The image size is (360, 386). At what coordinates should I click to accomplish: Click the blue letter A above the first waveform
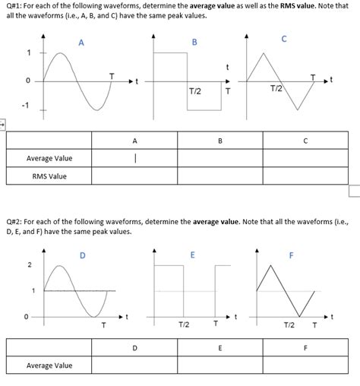click(81, 43)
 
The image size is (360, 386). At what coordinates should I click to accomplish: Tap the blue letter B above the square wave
click(194, 43)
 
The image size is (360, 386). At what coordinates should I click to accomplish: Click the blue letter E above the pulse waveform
click(192, 255)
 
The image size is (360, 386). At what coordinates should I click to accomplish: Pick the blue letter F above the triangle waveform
click(291, 255)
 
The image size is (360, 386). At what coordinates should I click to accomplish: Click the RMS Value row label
click(49, 176)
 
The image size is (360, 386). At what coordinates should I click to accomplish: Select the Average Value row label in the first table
click(49, 158)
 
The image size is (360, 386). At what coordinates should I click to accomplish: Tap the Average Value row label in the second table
click(49, 365)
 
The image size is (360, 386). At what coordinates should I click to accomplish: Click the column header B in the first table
click(220, 140)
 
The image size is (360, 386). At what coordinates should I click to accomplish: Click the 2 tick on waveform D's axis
click(30, 265)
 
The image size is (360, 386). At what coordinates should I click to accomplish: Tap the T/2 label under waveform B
click(194, 91)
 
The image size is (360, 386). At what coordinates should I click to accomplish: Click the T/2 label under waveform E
click(184, 324)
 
